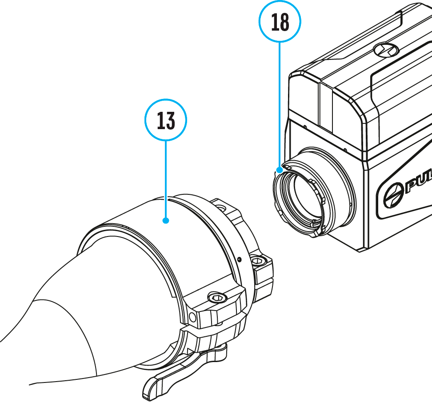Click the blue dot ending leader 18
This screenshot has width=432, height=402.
click(280, 169)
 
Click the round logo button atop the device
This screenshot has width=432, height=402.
click(386, 50)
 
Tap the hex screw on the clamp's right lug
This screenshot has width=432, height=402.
click(259, 261)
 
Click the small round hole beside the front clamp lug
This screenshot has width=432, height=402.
click(192, 316)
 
